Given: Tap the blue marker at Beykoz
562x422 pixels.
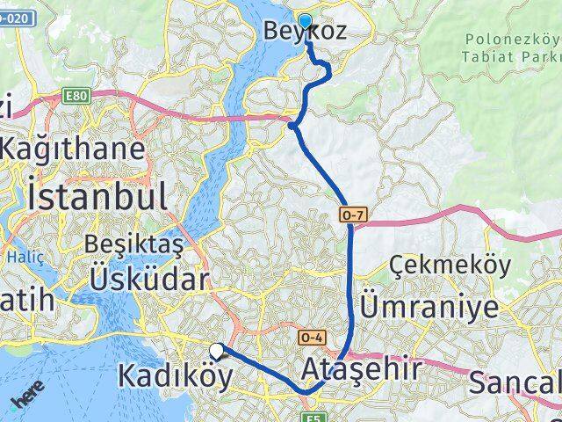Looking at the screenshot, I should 305,22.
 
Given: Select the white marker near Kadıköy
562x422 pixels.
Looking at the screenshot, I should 216,350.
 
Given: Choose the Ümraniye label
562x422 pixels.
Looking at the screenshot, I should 429,307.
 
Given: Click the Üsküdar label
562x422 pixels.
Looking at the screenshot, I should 148,280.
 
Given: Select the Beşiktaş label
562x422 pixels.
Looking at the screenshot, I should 133,243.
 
